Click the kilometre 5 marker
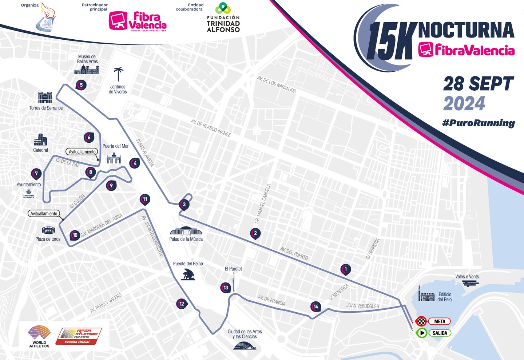[81, 85]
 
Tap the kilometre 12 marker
[182, 304]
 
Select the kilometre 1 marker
[345, 269]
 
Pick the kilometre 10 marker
[75, 235]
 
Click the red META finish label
[439, 321]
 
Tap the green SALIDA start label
[440, 333]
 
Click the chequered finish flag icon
[421, 321]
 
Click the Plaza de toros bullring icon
[48, 230]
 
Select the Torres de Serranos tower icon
[45, 98]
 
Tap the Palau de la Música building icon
[186, 231]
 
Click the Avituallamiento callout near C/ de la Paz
[82, 152]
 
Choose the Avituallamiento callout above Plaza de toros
[44, 214]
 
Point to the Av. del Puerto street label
[294, 253]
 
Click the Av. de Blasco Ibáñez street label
[211, 128]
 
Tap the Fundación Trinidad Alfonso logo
[223, 18]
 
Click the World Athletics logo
[39, 336]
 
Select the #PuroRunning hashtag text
[479, 123]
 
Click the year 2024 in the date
[464, 104]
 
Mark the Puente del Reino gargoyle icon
[188, 274]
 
